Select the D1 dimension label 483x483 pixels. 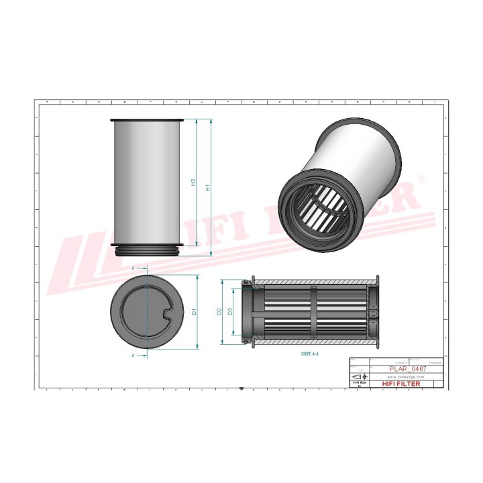[193, 312]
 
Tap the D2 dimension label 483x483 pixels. [219, 311]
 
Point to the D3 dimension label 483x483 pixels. [230, 311]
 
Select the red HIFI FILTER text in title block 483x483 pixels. [401, 384]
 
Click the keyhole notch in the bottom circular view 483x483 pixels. [166, 313]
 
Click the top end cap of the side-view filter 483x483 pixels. [147, 120]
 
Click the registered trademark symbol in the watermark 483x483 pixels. [421, 178]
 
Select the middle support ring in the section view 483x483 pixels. [313, 312]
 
